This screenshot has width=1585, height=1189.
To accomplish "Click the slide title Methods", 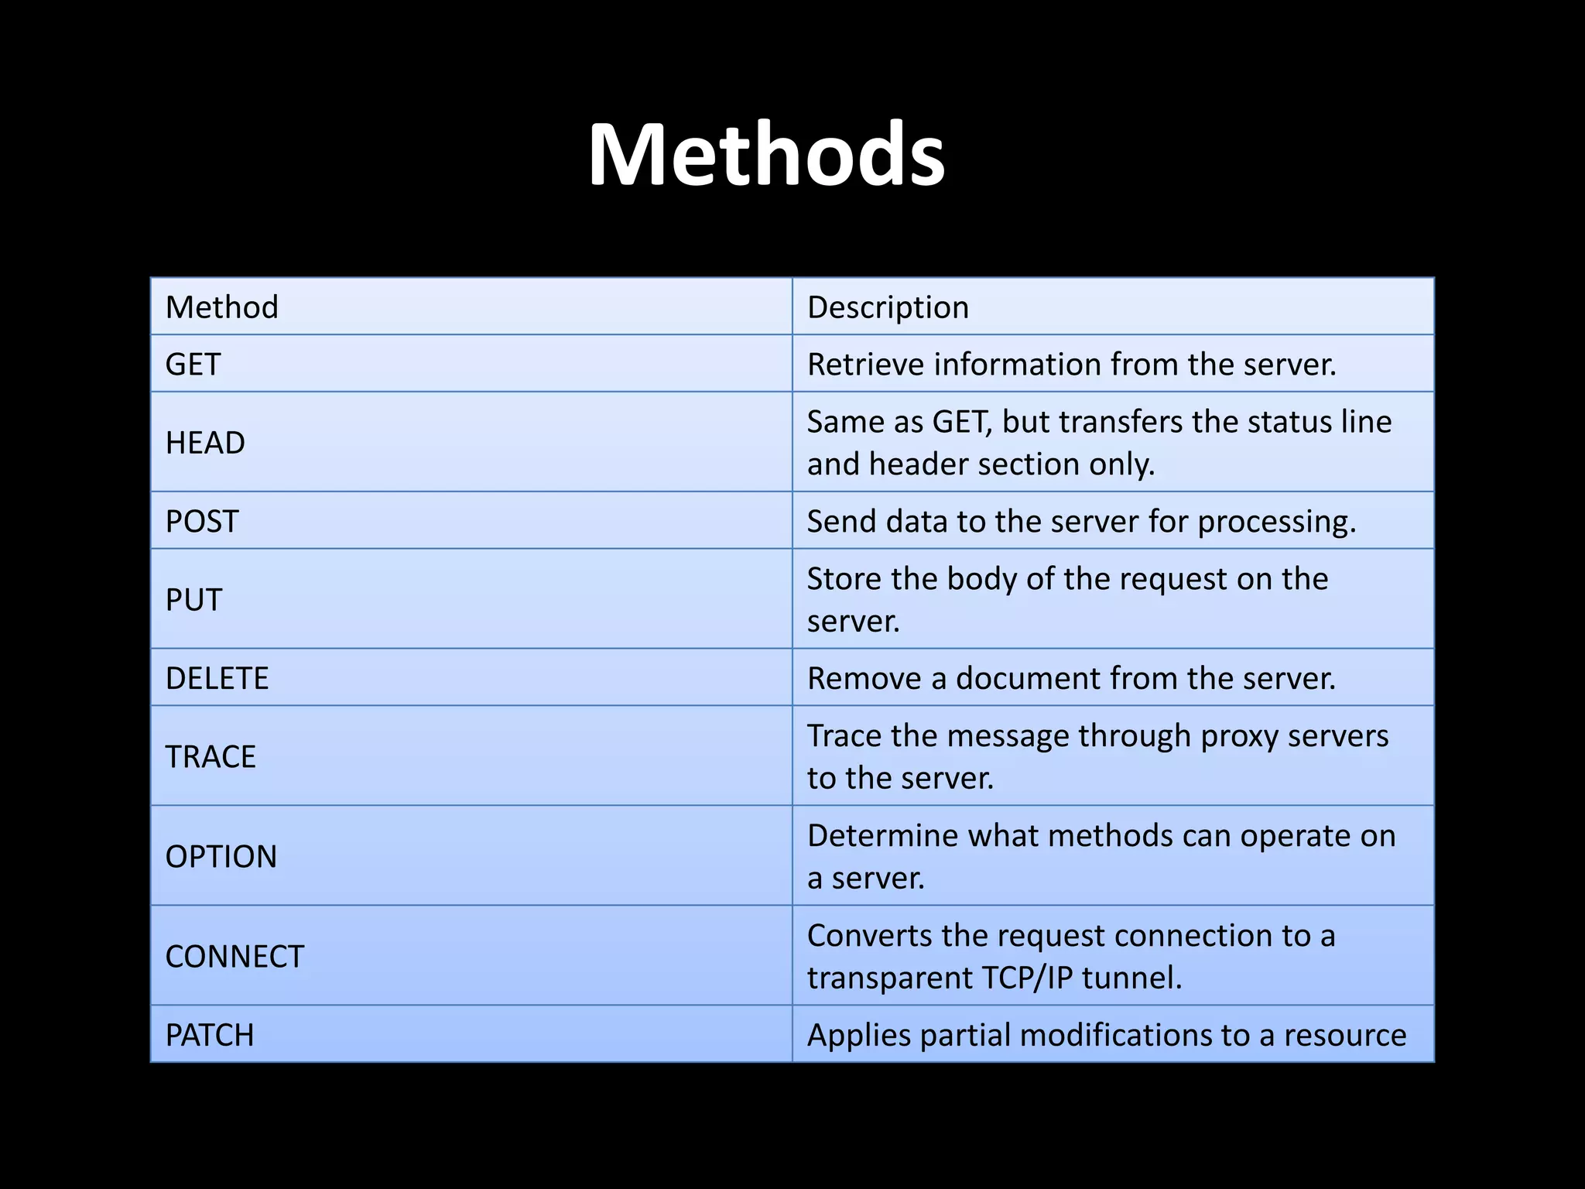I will (x=766, y=155).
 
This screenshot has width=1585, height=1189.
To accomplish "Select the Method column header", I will (x=222, y=307).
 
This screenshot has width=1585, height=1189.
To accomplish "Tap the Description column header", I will (x=888, y=307).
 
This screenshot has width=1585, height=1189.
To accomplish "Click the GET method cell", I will (x=193, y=365).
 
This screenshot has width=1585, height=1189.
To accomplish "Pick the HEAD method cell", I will (x=205, y=443).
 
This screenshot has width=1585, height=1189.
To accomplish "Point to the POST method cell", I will (x=202, y=522).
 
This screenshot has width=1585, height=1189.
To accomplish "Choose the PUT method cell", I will (x=193, y=600).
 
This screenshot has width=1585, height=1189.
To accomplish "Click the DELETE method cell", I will (x=217, y=678).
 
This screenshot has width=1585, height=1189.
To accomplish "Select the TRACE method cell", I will (x=211, y=757).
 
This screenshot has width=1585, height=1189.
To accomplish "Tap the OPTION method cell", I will (x=221, y=857).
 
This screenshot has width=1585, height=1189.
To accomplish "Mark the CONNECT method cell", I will (x=234, y=957).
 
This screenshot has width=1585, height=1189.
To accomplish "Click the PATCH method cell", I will (x=210, y=1036).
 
